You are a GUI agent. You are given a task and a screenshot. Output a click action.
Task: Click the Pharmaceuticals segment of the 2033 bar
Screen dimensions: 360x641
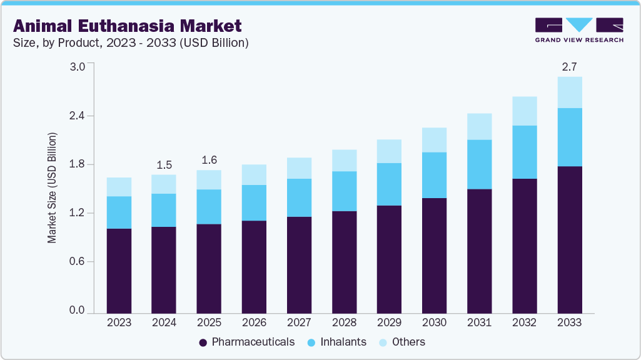point(570,239)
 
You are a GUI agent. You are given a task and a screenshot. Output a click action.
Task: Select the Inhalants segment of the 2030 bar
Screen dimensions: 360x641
point(435,175)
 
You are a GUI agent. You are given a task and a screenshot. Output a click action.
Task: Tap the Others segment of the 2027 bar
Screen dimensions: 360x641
point(299,168)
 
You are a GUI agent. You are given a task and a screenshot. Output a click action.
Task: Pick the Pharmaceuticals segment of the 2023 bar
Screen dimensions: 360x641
point(119,271)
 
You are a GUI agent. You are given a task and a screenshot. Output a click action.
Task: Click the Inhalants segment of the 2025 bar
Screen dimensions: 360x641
point(209,207)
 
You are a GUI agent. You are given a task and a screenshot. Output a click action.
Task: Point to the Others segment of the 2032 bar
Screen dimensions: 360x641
point(525,111)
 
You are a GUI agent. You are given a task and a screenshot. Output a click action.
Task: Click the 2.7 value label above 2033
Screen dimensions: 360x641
point(570,66)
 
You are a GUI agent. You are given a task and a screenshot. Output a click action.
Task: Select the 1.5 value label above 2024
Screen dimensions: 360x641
point(164,165)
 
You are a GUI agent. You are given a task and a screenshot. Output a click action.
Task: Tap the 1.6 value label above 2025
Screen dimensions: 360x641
point(209,160)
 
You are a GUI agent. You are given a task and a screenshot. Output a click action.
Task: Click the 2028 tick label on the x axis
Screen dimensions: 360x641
point(344,322)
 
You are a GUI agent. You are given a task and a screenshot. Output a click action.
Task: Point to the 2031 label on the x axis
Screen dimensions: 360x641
point(480,322)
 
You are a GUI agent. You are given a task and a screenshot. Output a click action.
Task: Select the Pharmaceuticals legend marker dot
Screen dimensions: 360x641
point(203,342)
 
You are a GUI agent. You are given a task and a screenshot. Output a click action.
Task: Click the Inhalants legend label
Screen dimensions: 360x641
point(343,342)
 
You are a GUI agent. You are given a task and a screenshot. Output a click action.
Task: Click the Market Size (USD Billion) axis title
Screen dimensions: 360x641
point(53,188)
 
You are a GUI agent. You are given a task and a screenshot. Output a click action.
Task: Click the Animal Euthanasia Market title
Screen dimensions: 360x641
point(127,26)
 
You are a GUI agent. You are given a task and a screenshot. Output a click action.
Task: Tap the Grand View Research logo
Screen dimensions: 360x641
point(579,29)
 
